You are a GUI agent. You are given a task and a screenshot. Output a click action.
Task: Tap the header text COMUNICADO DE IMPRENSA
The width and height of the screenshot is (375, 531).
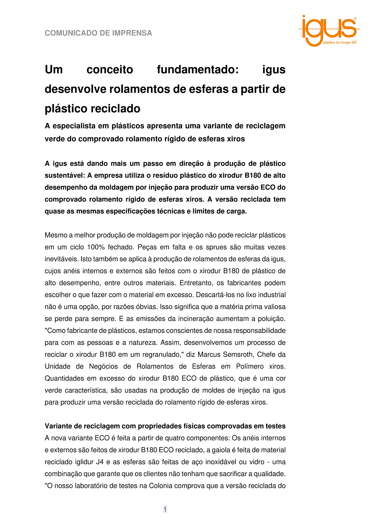(98, 33)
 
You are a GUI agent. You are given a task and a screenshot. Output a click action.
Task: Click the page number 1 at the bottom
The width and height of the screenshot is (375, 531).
(165, 509)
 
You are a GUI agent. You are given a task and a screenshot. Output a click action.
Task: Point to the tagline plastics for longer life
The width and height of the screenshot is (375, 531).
(339, 43)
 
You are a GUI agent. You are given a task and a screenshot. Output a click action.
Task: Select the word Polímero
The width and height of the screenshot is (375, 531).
(249, 366)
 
